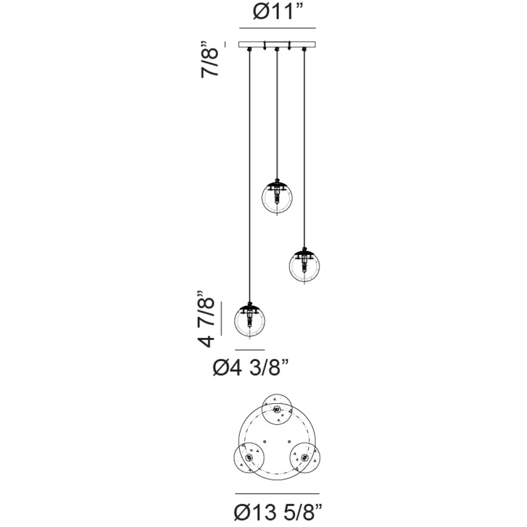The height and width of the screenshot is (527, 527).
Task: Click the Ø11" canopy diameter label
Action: coord(278,13)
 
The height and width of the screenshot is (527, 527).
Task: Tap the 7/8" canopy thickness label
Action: coord(210,60)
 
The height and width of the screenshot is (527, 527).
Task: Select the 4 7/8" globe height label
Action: coord(206,318)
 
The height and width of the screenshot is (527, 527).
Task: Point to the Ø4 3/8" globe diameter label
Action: coord(251,368)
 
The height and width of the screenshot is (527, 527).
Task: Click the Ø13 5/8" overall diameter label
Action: coord(278,512)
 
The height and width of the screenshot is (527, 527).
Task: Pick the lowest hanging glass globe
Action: coord(250,321)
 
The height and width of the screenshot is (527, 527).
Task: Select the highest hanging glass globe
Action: coord(277,198)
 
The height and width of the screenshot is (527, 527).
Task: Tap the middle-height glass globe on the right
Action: coord(305,267)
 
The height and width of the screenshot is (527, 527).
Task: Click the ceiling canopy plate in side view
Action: coord(277,44)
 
